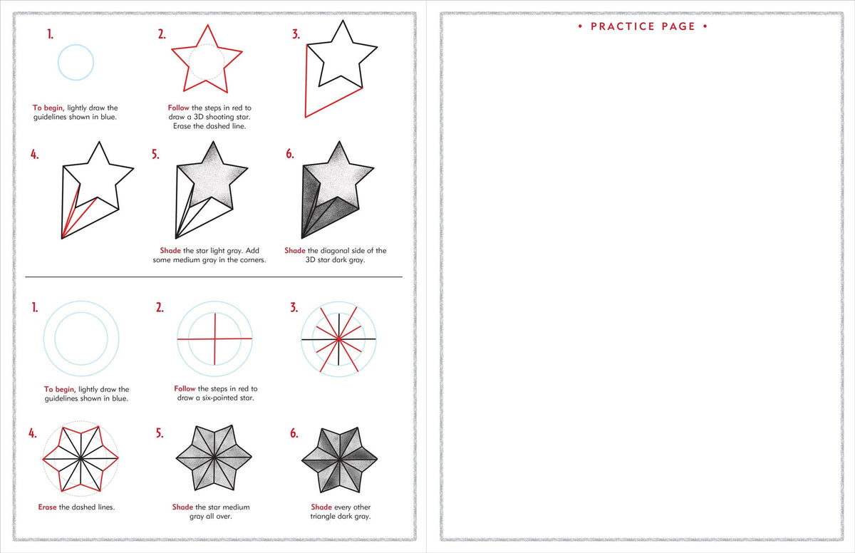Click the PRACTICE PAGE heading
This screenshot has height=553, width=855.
tap(643, 26)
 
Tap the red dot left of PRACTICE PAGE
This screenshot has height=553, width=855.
tap(581, 27)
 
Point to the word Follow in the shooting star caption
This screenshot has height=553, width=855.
tap(179, 108)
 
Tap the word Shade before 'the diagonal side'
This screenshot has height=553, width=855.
tap(295, 251)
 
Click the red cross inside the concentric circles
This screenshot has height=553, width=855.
tap(214, 339)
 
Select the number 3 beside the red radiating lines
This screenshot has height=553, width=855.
tap(294, 308)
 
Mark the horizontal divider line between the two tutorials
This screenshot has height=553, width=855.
tap(214, 276)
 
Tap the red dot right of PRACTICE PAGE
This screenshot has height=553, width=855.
tap(705, 27)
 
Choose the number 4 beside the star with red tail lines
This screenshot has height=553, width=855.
tap(34, 155)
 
